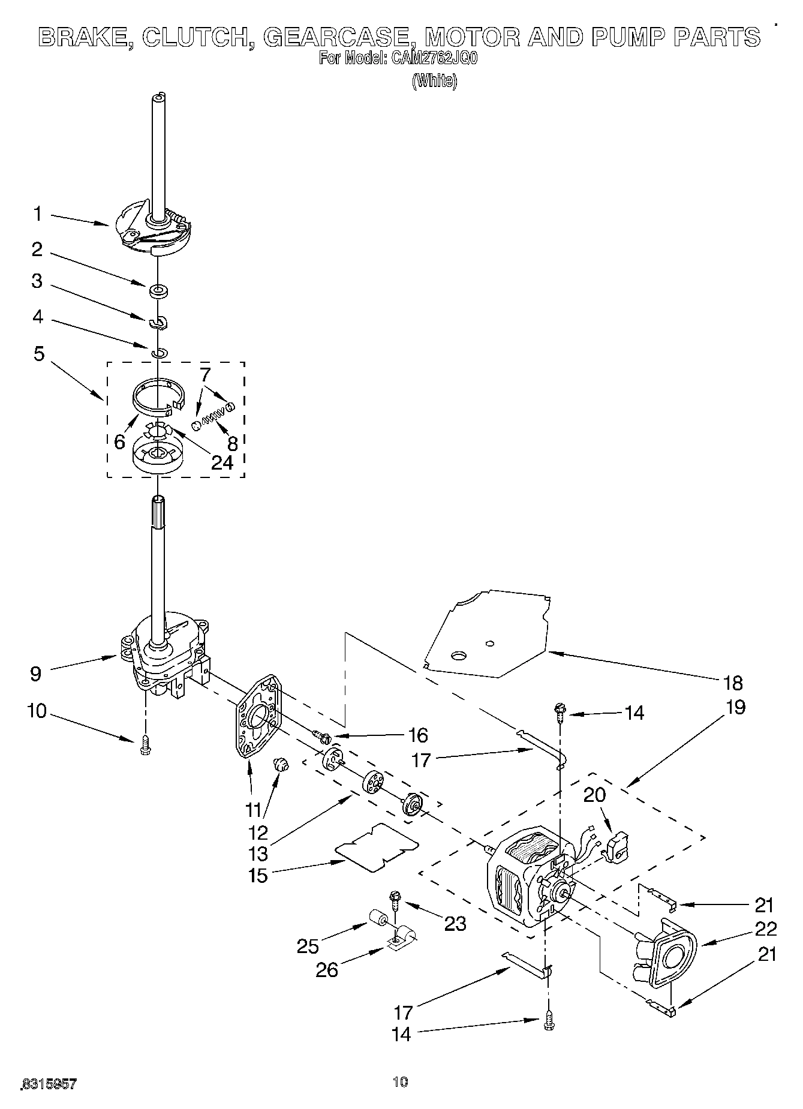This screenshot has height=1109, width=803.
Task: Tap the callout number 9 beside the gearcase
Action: click(x=36, y=674)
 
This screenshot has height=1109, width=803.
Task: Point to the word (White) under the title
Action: click(x=434, y=81)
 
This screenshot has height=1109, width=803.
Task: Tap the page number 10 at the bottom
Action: click(x=400, y=1081)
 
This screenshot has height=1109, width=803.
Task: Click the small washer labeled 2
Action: click(x=159, y=291)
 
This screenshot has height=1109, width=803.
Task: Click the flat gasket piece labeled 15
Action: click(x=377, y=846)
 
